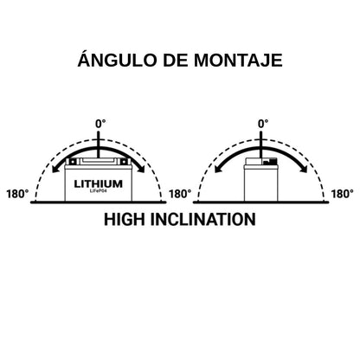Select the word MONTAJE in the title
click(238, 61)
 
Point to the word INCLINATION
click(203, 219)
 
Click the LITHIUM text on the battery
click(99, 183)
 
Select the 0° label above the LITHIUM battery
click(100, 124)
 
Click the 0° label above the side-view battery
click(263, 124)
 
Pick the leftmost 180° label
click(17, 194)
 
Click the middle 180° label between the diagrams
click(180, 194)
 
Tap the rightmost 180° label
click(343, 194)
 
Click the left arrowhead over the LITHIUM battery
click(55, 169)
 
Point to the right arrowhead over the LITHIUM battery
click(141, 169)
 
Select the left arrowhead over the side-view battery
click(218, 169)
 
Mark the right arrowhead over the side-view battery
click(304, 169)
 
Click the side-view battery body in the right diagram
click(260, 183)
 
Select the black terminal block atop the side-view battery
click(269, 161)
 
